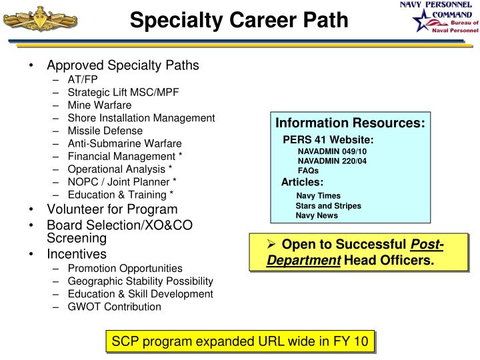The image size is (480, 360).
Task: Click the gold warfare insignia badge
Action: [40, 19]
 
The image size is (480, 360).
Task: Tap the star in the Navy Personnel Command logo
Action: [423, 21]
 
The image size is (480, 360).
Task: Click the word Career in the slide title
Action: [263, 20]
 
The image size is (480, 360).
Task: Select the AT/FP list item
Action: [83, 79]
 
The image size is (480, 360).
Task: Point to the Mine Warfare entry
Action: [99, 105]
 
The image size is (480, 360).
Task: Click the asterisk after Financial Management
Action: [180, 155]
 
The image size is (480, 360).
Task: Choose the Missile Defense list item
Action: [105, 131]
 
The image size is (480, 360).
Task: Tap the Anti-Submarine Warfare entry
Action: [125, 143]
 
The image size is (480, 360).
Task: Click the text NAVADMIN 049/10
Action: [332, 151]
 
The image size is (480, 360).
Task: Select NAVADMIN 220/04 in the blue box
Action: [332, 161]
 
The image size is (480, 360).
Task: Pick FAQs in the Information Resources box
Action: [308, 171]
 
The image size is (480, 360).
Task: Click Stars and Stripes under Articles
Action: [328, 206]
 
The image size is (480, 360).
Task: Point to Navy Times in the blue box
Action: [318, 195]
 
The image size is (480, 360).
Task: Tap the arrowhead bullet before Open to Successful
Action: [271, 244]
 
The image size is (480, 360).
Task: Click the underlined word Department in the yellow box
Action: [304, 261]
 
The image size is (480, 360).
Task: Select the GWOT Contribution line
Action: [115, 307]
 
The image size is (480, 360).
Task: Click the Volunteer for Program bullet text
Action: [112, 209]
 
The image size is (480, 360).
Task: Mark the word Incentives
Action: [77, 254]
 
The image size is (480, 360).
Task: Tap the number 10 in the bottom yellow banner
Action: [361, 341]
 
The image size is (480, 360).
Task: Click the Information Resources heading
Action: [350, 123]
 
